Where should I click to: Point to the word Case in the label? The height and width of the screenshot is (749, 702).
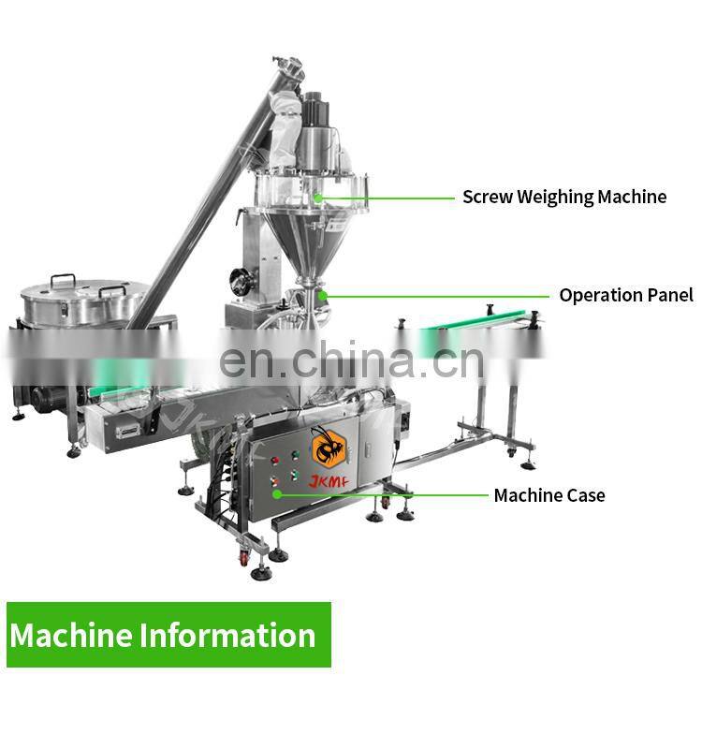click(584, 495)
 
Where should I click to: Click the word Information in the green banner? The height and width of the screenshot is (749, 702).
click(227, 636)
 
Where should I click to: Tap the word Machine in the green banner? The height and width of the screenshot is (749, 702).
click(71, 636)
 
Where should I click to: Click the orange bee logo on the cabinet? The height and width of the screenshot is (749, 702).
click(329, 446)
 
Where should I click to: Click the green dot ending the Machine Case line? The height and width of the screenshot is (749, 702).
click(276, 493)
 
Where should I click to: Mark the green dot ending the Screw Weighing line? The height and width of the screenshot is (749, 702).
click(318, 198)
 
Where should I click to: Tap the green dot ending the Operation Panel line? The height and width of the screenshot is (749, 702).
click(322, 295)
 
